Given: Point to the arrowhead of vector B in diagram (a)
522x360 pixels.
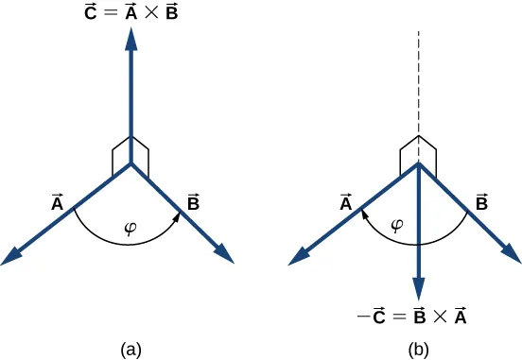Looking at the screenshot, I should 226,254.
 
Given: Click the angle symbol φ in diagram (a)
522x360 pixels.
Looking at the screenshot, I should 131,228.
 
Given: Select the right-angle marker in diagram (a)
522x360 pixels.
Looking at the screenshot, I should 130,153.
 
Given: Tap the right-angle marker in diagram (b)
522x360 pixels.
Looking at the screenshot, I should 418,151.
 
